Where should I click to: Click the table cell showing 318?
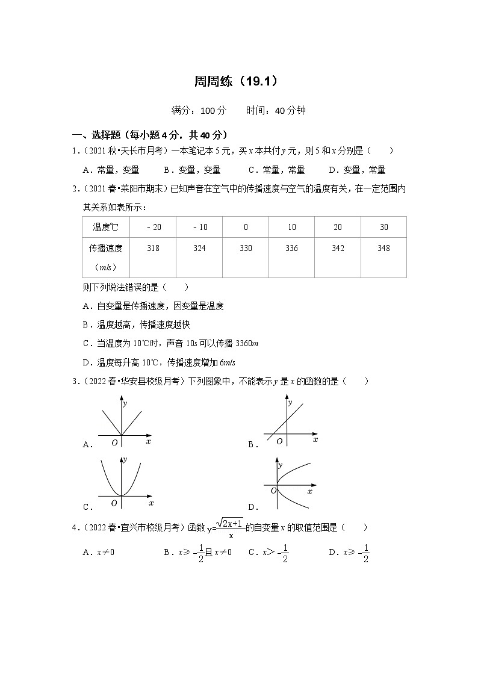point(153,249)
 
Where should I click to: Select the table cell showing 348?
point(383,249)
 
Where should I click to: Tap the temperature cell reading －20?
point(153,227)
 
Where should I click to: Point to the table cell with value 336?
point(291,249)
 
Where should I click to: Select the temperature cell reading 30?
point(383,227)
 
